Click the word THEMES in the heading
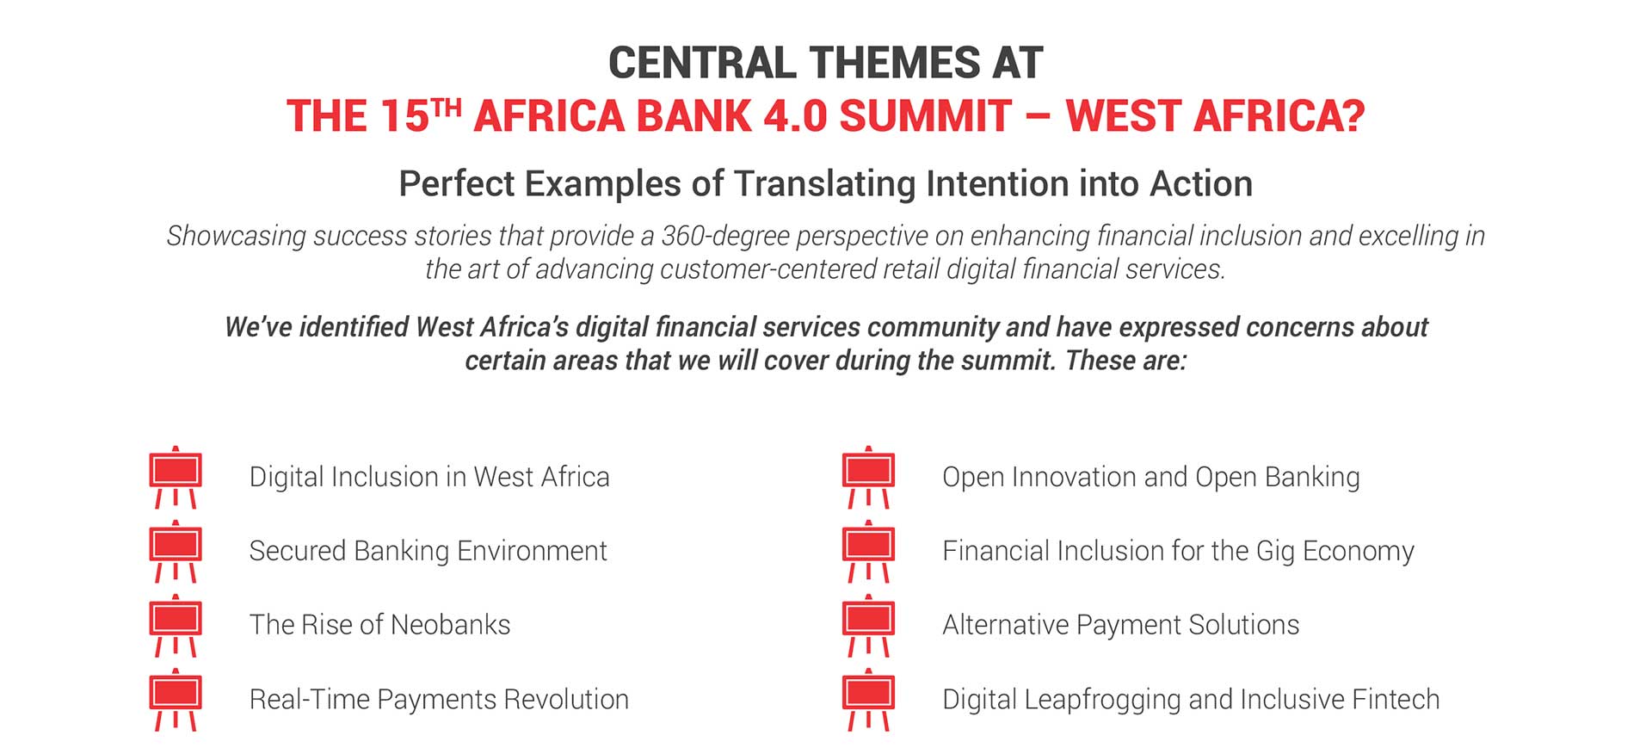[895, 63]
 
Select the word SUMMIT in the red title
[925, 116]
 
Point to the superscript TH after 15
[447, 108]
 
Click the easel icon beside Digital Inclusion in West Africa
[176, 477]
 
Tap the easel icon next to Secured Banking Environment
[176, 551]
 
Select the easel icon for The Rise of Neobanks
[176, 625]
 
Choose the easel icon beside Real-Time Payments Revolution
[176, 699]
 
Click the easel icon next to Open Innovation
[868, 477]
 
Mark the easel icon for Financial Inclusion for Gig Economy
[868, 551]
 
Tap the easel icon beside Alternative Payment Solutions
[868, 625]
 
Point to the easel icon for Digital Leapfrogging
[868, 699]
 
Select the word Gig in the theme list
[1275, 552]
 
